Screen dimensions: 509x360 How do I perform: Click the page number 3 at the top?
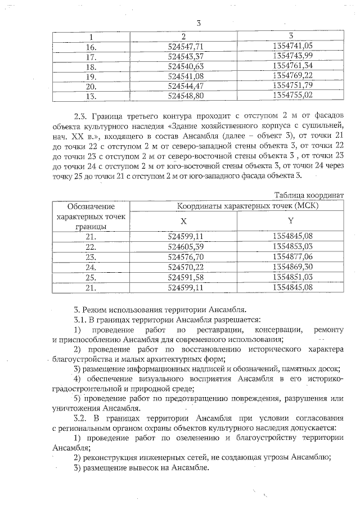point(199,24)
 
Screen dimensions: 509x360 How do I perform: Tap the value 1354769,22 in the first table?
point(291,76)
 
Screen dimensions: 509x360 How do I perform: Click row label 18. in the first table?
point(91,66)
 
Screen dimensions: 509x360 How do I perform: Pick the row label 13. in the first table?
point(91,96)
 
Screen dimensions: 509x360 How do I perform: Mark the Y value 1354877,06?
point(291,256)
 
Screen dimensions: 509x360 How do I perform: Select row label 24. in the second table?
point(91,267)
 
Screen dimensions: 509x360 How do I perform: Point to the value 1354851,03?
point(291,276)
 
